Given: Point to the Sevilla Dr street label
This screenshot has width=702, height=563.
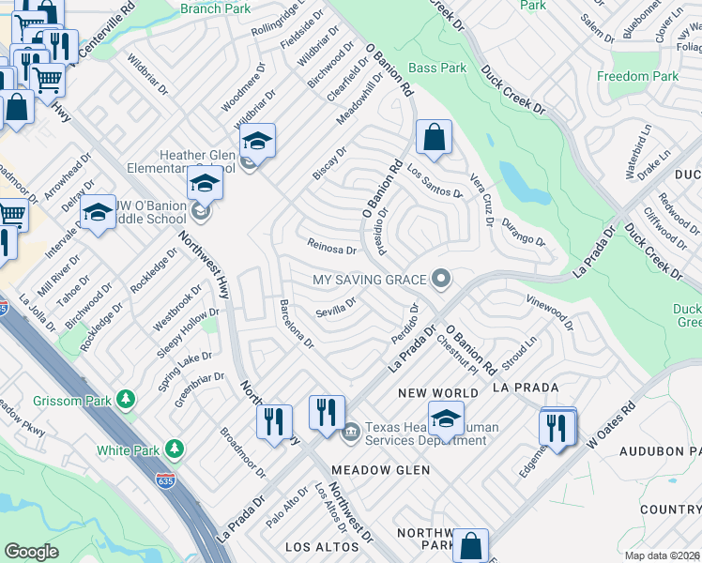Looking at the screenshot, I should click(336, 308).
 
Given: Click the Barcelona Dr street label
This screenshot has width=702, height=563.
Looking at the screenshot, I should click(297, 324).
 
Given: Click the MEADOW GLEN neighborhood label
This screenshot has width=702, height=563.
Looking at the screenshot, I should click(380, 469).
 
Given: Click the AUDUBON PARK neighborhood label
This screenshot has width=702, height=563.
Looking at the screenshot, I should click(660, 451).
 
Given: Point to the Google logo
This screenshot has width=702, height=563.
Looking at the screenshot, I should click(31, 552).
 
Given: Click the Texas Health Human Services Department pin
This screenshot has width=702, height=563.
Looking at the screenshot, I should click(350, 431).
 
